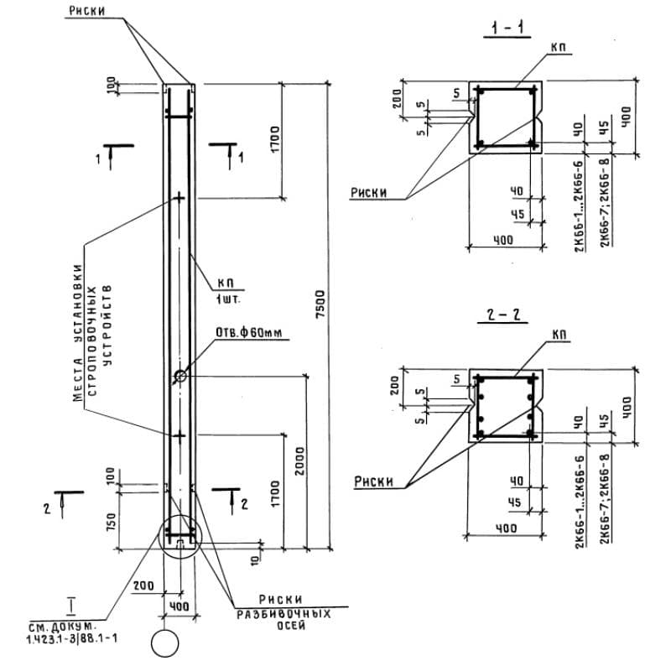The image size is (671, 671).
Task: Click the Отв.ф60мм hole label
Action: pyautogui.click(x=251, y=333)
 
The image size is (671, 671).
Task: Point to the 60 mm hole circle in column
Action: pyautogui.click(x=180, y=377)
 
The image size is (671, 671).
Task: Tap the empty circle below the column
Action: pyautogui.click(x=165, y=644)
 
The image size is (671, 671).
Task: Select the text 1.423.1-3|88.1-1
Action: pyautogui.click(x=72, y=638)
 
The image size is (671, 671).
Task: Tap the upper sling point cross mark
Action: pyautogui.click(x=179, y=198)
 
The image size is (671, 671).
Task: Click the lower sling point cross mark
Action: pyautogui.click(x=179, y=435)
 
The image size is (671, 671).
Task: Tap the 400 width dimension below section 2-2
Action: pyautogui.click(x=503, y=528)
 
